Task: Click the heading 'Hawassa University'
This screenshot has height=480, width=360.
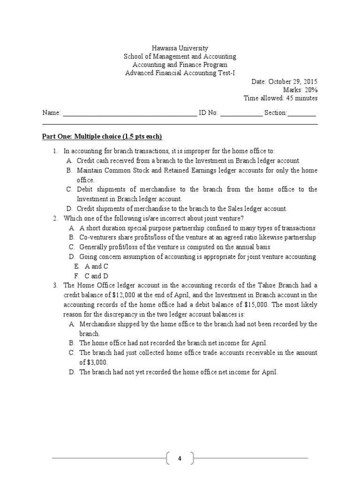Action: coord(180,48)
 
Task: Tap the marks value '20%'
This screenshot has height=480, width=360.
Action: coord(310,90)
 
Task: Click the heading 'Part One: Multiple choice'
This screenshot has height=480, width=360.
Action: coord(102,136)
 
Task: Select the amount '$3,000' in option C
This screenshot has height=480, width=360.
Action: coord(93,362)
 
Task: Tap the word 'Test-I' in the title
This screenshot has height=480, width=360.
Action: coord(225,73)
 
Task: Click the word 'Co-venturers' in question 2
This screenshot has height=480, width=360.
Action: coord(98,238)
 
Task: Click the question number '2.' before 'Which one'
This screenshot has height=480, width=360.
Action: coord(55,218)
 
